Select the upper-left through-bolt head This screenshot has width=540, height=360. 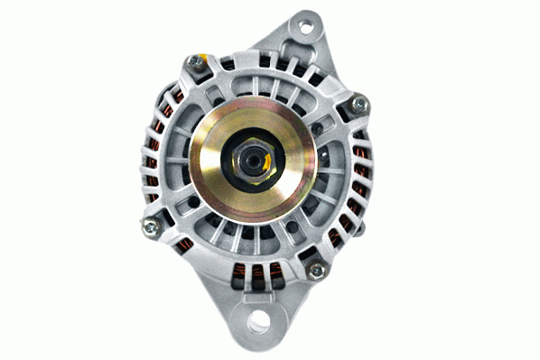pos(194,62)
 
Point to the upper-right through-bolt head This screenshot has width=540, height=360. pos(360,105)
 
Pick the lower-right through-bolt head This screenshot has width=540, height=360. pos(316,270)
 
